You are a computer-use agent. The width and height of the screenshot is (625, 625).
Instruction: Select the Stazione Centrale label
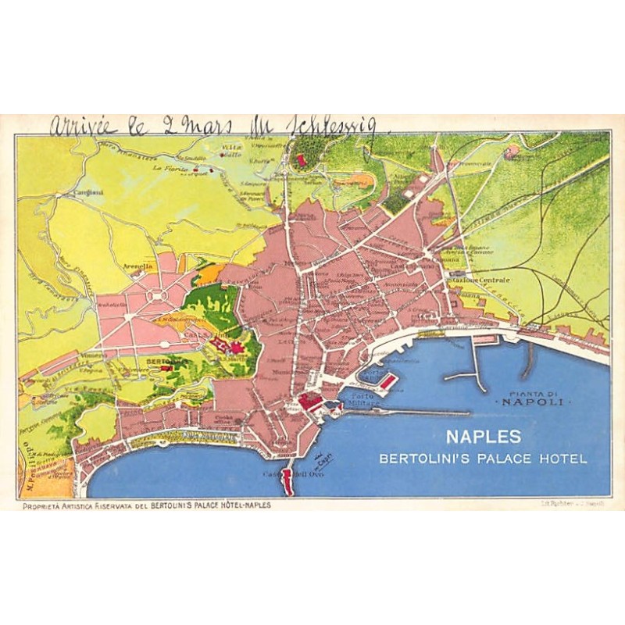click(x=479, y=279)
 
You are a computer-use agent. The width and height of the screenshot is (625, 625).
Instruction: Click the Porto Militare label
click(x=366, y=399)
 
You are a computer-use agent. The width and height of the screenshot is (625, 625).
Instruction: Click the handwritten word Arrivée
click(x=84, y=126)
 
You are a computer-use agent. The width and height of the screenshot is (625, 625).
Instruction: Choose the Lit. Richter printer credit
click(x=564, y=504)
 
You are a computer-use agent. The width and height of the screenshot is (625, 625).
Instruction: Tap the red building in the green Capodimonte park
click(x=301, y=159)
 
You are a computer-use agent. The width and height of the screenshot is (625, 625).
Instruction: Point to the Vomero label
click(x=95, y=355)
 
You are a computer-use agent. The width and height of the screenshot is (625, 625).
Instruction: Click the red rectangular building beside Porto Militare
click(x=388, y=381)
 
